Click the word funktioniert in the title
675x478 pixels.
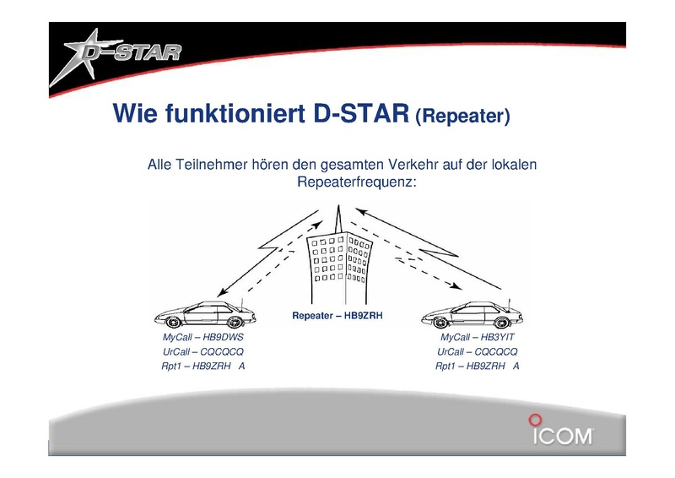pyautogui.click(x=235, y=113)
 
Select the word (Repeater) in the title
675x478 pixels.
pyautogui.click(x=462, y=116)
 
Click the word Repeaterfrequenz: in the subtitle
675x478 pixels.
pyautogui.click(x=357, y=182)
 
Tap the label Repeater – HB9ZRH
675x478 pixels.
pyautogui.click(x=337, y=316)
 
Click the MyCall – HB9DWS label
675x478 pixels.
pyautogui.click(x=202, y=337)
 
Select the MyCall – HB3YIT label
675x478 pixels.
pyautogui.click(x=477, y=337)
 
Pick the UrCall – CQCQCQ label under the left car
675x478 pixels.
pyautogui.click(x=202, y=351)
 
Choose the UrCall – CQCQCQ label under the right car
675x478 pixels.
pyautogui.click(x=477, y=351)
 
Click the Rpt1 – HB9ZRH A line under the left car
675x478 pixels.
pyautogui.click(x=202, y=366)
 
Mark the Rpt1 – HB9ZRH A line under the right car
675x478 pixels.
pyautogui.click(x=477, y=366)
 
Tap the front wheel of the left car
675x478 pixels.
pyautogui.click(x=173, y=322)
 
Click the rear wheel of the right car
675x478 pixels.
pyautogui.click(x=502, y=322)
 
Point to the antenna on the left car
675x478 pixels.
pyautogui.click(x=242, y=303)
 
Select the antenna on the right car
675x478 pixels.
pyautogui.click(x=510, y=303)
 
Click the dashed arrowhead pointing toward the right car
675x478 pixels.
pyautogui.click(x=456, y=285)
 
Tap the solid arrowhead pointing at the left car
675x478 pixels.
pyautogui.click(x=222, y=292)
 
